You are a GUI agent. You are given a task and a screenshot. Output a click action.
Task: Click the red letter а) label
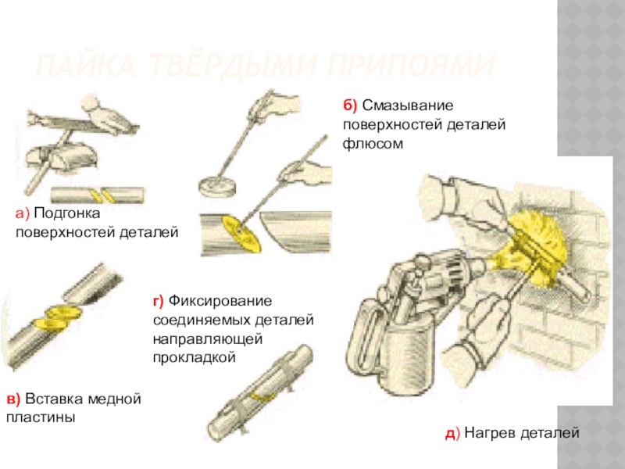click(22, 213)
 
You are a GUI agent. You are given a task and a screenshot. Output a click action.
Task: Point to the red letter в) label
click(14, 399)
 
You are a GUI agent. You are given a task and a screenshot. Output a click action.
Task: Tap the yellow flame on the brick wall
click(539, 242)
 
